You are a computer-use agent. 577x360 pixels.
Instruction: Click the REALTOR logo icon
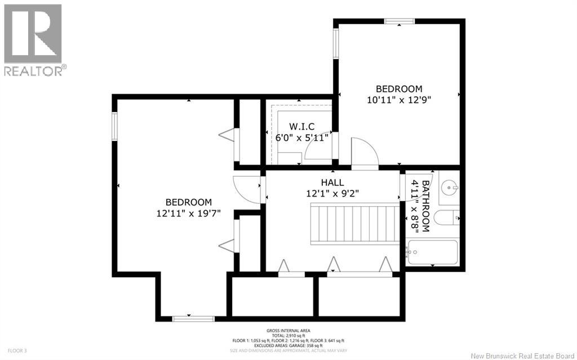(x=33, y=34)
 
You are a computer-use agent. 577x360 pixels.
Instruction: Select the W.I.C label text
(x=301, y=126)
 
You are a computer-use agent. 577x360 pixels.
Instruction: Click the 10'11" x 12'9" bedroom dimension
(x=399, y=99)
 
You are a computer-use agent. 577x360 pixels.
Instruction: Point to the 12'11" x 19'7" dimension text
(x=188, y=213)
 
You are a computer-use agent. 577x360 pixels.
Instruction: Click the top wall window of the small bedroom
(x=399, y=21)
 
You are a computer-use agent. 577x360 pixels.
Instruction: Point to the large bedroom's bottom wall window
(x=189, y=319)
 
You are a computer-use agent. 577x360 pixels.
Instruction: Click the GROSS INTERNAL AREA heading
(x=288, y=331)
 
